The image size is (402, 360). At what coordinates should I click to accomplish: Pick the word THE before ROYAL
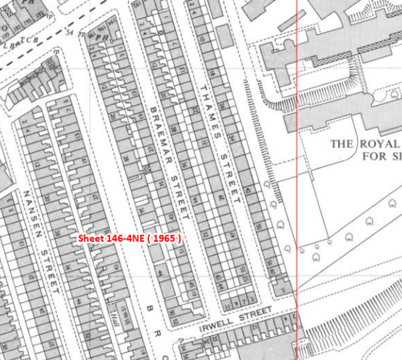[x=342, y=144]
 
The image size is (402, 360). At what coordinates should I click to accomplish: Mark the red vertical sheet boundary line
[x=297, y=180]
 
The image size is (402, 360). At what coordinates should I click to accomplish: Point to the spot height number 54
[x=69, y=32]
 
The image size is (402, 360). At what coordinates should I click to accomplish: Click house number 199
[x=6, y=34]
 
